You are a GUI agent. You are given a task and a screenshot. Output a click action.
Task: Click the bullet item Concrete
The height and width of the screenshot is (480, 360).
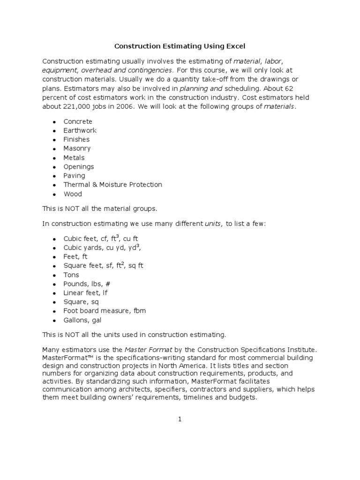coord(78,121)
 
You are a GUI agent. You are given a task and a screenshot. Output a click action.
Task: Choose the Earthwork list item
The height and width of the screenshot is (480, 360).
coord(80,130)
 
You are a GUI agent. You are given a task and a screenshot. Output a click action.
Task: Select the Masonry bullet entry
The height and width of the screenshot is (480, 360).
coord(77,149)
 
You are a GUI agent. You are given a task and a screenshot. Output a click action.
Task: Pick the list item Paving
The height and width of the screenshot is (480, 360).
coord(74,176)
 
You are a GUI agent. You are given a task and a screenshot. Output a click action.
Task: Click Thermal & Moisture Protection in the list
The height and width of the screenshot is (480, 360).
coord(112,185)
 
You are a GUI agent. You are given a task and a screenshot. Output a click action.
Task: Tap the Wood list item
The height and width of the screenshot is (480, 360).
coord(73,194)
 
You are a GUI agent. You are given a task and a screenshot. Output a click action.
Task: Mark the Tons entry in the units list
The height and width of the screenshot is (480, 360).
coord(71,275)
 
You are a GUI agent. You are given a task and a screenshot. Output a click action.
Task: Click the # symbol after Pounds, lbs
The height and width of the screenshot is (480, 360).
coord(108,284)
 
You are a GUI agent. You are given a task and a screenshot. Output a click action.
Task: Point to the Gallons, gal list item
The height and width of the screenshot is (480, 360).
coord(82,321)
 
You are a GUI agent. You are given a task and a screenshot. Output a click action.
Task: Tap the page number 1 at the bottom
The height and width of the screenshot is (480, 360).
coord(180,420)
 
